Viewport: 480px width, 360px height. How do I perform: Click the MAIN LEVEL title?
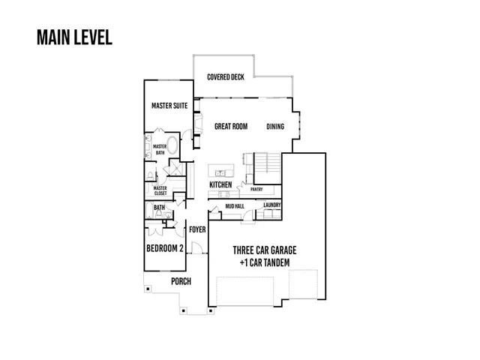[74, 38]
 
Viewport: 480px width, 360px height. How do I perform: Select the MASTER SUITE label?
[169, 106]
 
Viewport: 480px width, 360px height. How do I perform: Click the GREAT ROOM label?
[230, 127]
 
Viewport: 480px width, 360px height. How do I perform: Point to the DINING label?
[275, 127]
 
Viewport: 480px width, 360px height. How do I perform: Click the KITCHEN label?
[220, 184]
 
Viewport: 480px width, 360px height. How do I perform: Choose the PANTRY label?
[256, 190]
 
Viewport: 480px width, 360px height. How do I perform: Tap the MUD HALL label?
[235, 206]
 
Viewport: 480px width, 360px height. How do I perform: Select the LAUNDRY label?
[271, 204]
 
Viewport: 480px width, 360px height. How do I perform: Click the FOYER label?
[197, 229]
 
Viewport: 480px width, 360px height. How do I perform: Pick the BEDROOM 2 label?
[165, 248]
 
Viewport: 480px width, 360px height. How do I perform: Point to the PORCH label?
[181, 282]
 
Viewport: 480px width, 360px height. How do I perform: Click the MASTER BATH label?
[160, 150]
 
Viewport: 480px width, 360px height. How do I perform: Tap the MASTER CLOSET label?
[160, 190]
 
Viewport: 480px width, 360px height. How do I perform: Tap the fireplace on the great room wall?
[197, 124]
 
